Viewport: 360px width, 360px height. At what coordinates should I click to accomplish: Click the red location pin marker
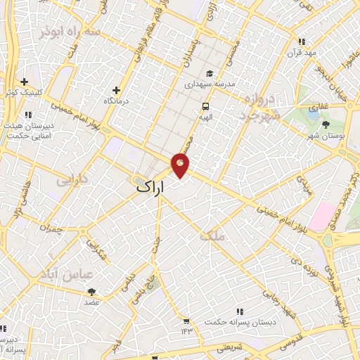[x=180, y=165]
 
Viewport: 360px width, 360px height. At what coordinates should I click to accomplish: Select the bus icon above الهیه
[x=205, y=107]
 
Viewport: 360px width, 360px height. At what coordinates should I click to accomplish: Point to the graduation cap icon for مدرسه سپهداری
[x=209, y=73]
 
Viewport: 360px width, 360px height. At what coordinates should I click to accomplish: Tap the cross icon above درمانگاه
[x=116, y=90]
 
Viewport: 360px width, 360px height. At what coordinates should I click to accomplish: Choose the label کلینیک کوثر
[x=22, y=93]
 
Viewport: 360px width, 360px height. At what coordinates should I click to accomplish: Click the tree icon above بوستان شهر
[x=326, y=124]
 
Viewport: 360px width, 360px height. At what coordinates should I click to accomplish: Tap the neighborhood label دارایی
[x=71, y=181]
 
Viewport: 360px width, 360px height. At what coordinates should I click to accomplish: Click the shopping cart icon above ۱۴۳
[x=186, y=320]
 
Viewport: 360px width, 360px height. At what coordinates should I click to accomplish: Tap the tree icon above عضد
[x=91, y=291]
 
